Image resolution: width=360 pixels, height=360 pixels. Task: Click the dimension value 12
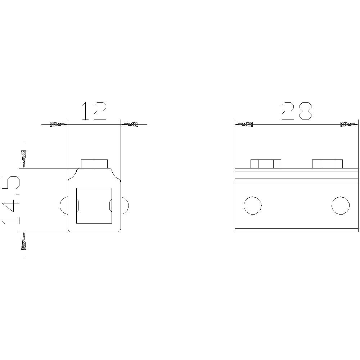tap(94, 111)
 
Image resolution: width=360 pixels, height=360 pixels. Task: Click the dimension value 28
tap(296, 111)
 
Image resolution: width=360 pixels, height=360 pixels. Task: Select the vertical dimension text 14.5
tap(12, 200)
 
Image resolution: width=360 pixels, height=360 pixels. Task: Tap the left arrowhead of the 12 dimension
tap(59, 124)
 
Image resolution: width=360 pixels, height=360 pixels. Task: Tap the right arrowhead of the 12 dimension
tap(130, 124)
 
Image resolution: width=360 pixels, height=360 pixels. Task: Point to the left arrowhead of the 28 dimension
tap(244, 124)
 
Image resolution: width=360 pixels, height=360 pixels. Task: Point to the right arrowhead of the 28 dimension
tap(350, 124)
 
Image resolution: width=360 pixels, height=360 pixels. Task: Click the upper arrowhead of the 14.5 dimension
tap(24, 159)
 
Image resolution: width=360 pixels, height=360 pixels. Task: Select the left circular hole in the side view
tap(252, 206)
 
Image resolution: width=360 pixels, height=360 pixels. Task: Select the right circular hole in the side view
tap(340, 206)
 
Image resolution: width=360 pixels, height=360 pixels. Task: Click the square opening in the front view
tap(94, 206)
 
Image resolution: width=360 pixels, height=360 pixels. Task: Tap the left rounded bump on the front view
tap(63, 206)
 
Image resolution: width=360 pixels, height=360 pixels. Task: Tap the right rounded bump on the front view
tap(125, 206)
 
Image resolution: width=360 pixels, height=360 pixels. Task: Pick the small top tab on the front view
tap(94, 164)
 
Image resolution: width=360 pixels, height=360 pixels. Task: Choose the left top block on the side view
tap(266, 164)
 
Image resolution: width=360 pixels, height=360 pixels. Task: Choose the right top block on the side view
tap(327, 164)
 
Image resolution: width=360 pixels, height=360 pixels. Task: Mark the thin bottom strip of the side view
tap(297, 230)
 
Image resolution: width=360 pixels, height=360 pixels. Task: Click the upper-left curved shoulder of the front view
tap(74, 175)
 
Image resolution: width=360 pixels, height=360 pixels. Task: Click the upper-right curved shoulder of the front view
tap(115, 175)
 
